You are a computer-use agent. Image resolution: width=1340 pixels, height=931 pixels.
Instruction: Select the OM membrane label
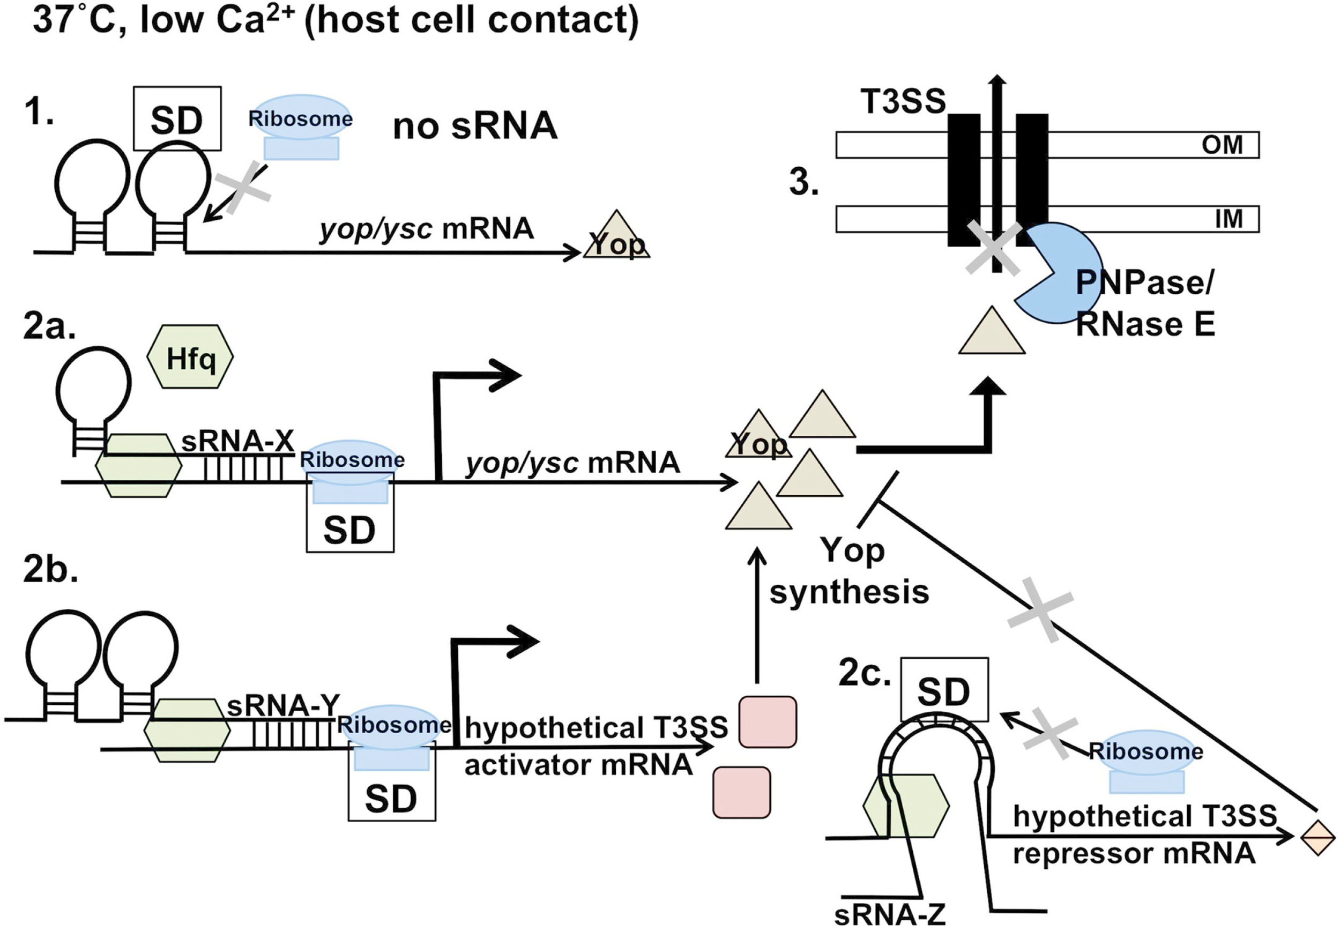pyautogui.click(x=1222, y=145)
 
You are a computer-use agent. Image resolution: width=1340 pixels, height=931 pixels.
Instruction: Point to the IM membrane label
pyautogui.click(x=1228, y=219)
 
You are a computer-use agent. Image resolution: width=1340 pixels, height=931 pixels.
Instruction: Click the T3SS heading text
pyautogui.click(x=903, y=101)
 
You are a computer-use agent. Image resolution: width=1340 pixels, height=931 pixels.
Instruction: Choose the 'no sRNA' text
pyautogui.click(x=475, y=126)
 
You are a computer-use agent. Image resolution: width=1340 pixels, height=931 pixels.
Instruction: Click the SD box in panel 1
pyautogui.click(x=177, y=119)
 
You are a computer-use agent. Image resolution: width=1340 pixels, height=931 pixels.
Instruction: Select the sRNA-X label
pyautogui.click(x=237, y=441)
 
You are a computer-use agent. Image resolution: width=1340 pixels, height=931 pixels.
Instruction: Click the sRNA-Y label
pyautogui.click(x=283, y=706)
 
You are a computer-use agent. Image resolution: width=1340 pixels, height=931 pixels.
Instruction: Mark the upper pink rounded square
pyautogui.click(x=767, y=721)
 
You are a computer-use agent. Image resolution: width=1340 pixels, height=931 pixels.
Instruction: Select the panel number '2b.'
pyautogui.click(x=51, y=569)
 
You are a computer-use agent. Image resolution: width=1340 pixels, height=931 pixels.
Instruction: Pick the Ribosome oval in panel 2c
pyautogui.click(x=1146, y=751)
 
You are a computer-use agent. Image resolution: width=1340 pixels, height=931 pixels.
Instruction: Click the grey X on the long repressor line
pyautogui.click(x=1041, y=610)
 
